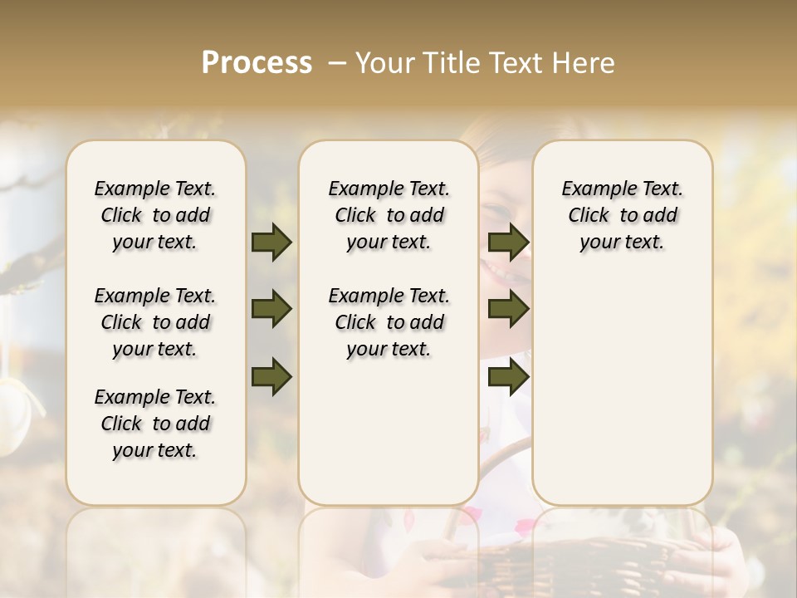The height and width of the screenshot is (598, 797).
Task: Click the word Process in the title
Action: (257, 63)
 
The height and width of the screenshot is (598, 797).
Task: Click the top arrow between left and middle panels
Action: (271, 243)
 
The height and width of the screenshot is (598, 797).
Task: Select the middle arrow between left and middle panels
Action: (271, 310)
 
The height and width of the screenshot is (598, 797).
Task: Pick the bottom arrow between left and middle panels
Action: (271, 377)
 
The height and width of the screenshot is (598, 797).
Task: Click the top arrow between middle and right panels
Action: (508, 243)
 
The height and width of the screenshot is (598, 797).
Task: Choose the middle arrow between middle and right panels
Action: (508, 310)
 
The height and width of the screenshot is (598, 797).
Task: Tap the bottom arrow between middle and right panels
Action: (508, 377)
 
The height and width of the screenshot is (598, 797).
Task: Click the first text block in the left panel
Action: (155, 215)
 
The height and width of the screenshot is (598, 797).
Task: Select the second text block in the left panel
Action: (155, 322)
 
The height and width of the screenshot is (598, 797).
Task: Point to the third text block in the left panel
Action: (155, 424)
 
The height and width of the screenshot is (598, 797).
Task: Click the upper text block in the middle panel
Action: (389, 215)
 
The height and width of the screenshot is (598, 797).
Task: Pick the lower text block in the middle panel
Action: (389, 322)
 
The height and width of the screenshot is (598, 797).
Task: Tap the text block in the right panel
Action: (623, 215)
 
